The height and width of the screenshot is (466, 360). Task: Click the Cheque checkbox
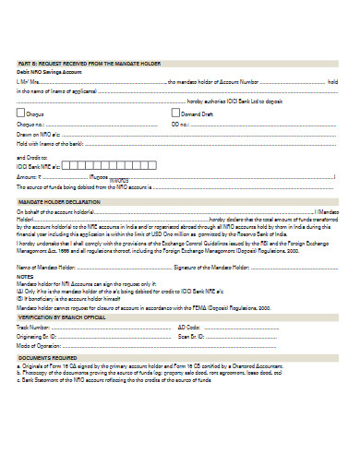pyautogui.click(x=22, y=112)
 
